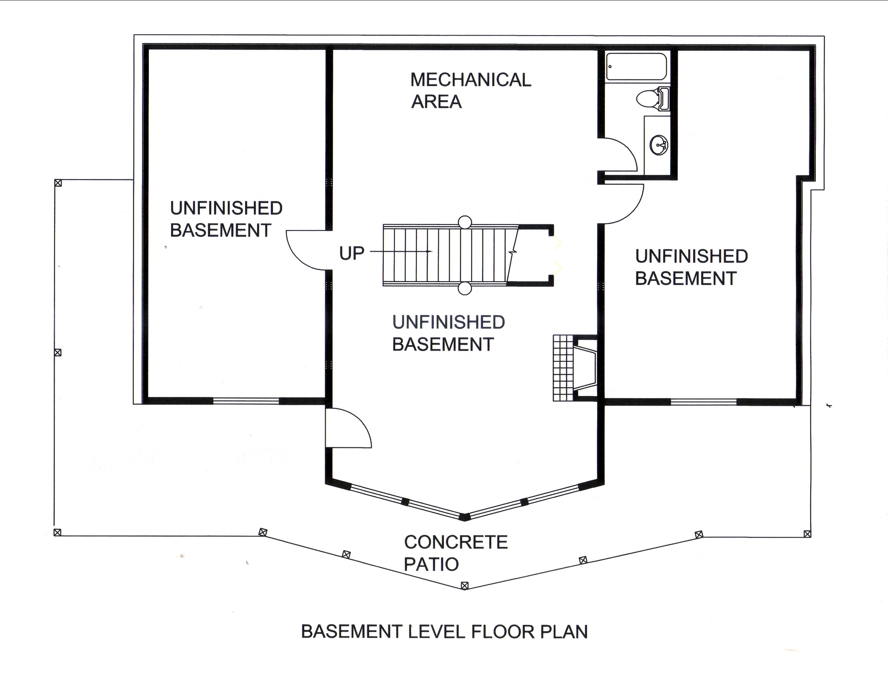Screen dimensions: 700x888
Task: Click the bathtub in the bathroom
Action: click(636, 68)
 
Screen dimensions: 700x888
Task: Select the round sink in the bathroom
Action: click(659, 145)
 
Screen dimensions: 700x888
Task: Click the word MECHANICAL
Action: click(470, 80)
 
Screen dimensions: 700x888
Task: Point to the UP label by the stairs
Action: click(351, 253)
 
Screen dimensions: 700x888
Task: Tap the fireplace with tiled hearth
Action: click(575, 368)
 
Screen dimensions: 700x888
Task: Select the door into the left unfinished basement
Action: click(305, 250)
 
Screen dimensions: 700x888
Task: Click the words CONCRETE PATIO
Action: click(455, 553)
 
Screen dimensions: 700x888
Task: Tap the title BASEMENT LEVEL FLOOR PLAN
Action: click(444, 632)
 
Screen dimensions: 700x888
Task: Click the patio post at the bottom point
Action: click(465, 586)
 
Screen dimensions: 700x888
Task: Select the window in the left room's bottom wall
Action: click(246, 401)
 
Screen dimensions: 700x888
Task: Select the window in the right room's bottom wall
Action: click(703, 402)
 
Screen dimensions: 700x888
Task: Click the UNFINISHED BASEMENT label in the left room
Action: click(226, 219)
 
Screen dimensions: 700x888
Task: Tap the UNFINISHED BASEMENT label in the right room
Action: click(691, 267)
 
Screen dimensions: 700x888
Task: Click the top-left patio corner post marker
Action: click(58, 183)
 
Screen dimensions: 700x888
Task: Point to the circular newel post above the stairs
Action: click(464, 222)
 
